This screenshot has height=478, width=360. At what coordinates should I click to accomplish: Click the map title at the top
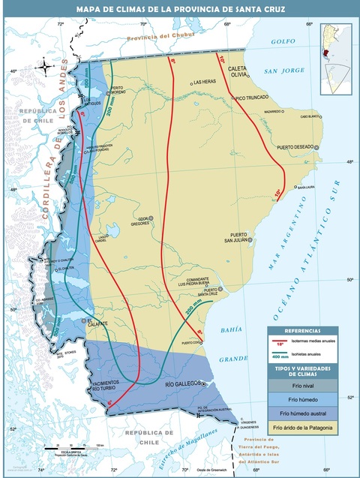point(180,8)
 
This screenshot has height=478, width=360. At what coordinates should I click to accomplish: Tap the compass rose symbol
point(46,68)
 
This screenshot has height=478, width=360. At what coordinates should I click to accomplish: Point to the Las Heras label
point(206,82)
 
